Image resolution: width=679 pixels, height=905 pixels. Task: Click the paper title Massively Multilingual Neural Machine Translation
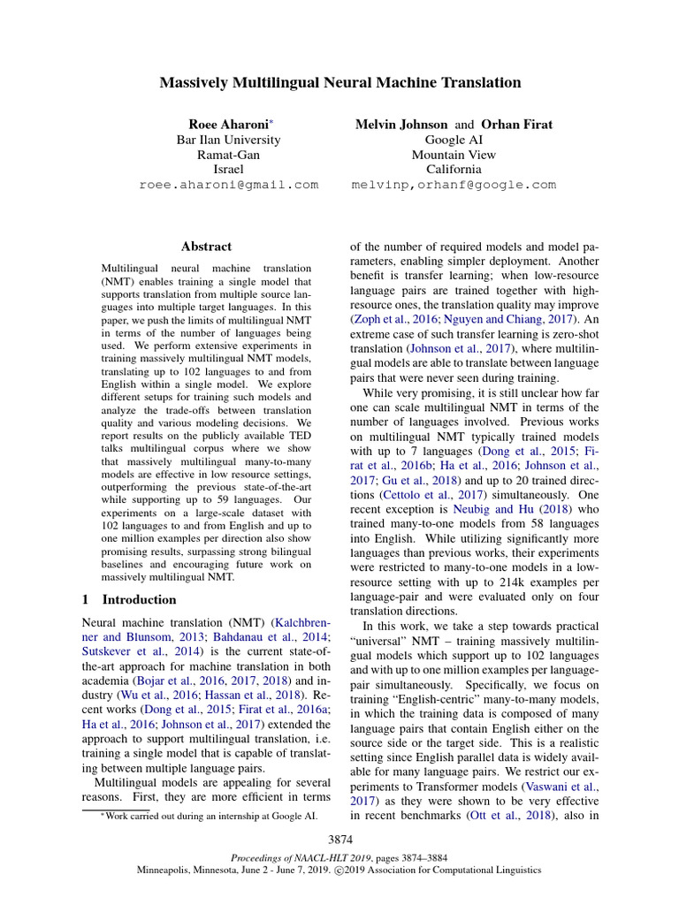[339, 83]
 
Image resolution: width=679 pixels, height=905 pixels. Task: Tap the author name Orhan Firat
[517, 125]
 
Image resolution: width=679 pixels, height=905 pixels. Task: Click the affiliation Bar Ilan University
[228, 140]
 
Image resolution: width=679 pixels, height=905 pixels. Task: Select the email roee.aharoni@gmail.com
[228, 185]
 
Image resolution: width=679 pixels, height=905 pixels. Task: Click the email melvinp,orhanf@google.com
[454, 185]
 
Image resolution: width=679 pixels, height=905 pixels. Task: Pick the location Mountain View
[454, 155]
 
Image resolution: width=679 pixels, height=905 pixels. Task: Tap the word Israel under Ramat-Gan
[228, 170]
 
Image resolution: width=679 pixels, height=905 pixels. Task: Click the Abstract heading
[206, 247]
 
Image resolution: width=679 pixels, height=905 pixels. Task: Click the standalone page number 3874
[339, 838]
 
